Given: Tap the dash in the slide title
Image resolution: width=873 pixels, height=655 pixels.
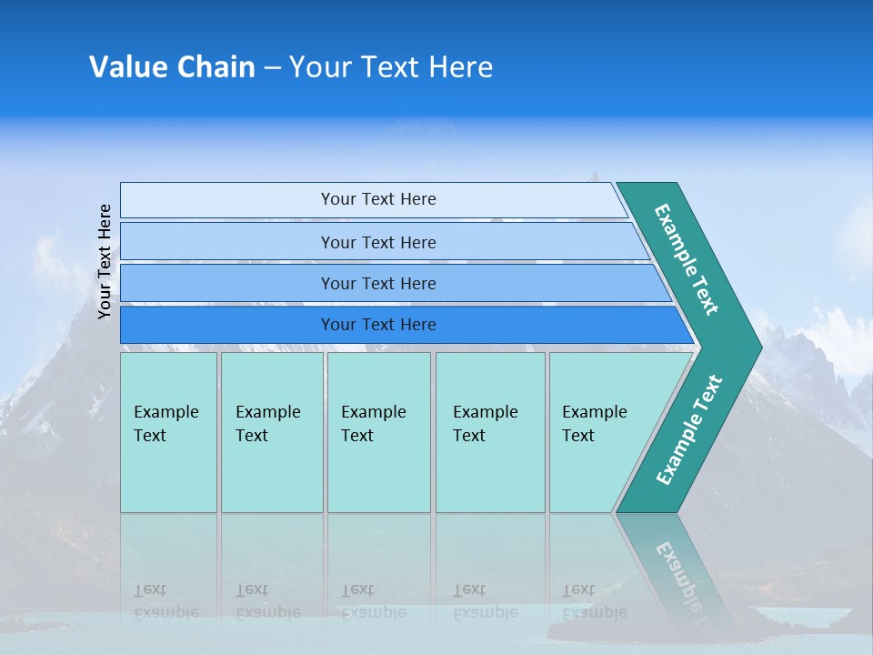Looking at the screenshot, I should pyautogui.click(x=272, y=68).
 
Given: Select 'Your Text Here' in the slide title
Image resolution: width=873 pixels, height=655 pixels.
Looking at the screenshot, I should pyautogui.click(x=391, y=67).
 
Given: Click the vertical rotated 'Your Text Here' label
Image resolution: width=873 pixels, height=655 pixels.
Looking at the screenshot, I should pyautogui.click(x=105, y=261).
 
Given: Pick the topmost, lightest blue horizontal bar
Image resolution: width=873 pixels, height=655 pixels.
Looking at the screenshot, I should pyautogui.click(x=377, y=199).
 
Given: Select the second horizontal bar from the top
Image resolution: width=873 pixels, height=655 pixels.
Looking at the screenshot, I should pyautogui.click(x=377, y=242).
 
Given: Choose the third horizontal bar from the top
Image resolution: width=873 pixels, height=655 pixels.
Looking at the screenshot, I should pyautogui.click(x=377, y=283).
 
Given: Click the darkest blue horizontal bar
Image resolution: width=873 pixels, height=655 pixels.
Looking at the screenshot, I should pyautogui.click(x=377, y=325).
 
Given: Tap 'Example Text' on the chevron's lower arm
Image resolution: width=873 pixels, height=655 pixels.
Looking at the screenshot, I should pyautogui.click(x=688, y=430).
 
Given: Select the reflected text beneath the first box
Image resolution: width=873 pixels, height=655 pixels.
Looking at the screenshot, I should pyautogui.click(x=166, y=601).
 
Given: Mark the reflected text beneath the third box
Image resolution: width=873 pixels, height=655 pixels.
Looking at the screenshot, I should pyautogui.click(x=373, y=601).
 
